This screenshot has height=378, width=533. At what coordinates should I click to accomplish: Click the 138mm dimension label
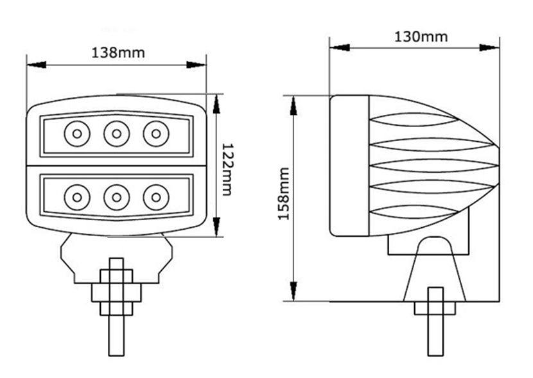pyautogui.click(x=118, y=53)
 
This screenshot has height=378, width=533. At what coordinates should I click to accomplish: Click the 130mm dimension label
pyautogui.click(x=421, y=37)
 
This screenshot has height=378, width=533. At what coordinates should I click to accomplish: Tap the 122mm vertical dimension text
pyautogui.click(x=227, y=169)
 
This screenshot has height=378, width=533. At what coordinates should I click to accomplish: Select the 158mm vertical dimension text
pyautogui.click(x=283, y=194)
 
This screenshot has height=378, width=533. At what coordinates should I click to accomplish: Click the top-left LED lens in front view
pyautogui.click(x=77, y=134)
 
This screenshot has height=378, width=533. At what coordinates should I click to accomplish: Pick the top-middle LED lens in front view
pyautogui.click(x=117, y=134)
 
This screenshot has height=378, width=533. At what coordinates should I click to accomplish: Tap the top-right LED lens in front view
pyautogui.click(x=156, y=134)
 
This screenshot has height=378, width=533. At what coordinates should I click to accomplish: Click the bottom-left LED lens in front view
pyautogui.click(x=77, y=197)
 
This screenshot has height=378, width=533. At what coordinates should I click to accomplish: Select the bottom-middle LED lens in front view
pyautogui.click(x=117, y=197)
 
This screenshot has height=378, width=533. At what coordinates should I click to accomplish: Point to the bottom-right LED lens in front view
pyautogui.click(x=156, y=197)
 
